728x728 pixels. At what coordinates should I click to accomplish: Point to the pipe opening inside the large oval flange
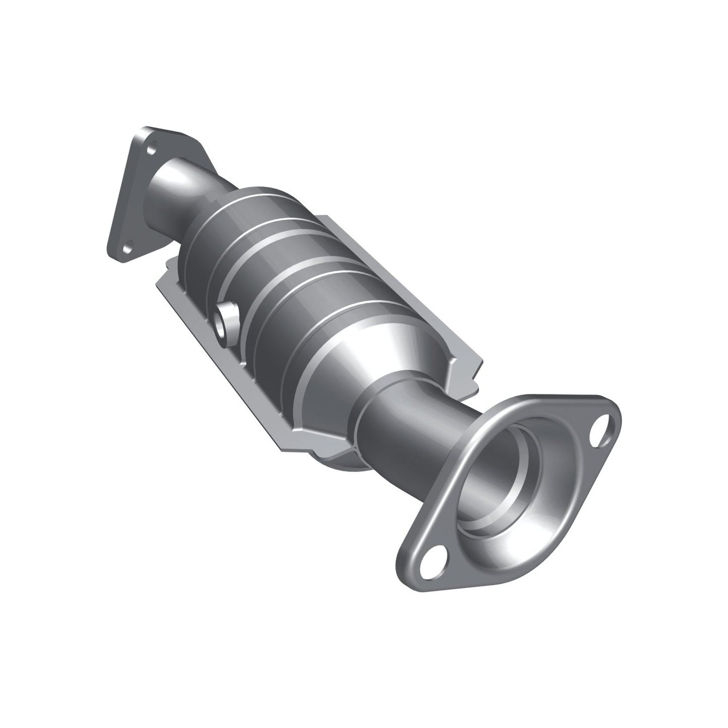[x=509, y=484]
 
